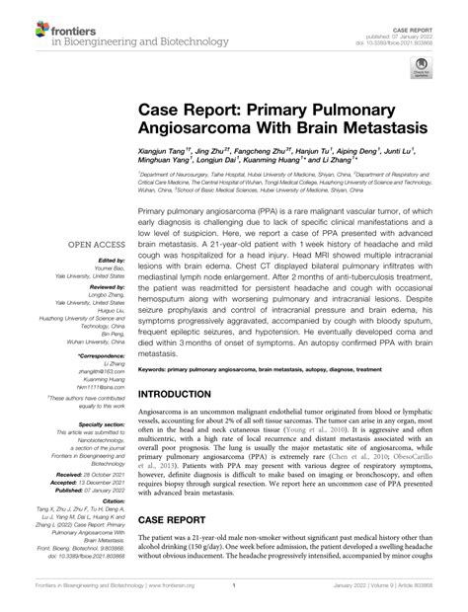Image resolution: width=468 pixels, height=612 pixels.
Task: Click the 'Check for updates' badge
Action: click(422, 70)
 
